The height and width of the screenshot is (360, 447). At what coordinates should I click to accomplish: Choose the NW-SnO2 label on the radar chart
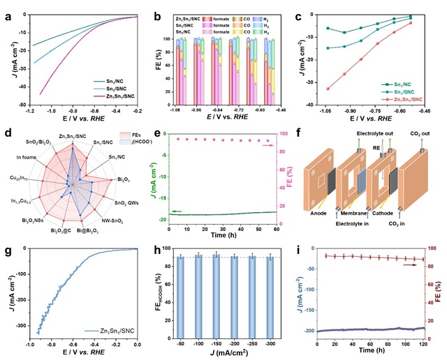115,222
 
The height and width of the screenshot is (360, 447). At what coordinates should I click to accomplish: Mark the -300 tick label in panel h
270,343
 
